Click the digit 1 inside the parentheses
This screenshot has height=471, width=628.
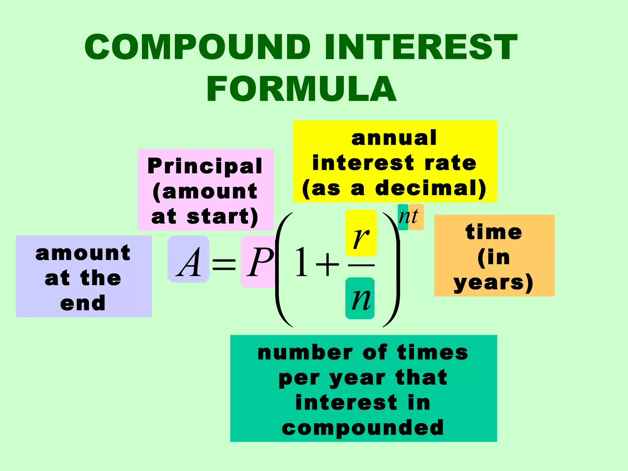tap(301, 262)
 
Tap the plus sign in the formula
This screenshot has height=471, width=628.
tap(327, 264)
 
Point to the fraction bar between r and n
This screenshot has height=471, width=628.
tap(361, 265)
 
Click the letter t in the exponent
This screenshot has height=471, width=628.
tap(415, 216)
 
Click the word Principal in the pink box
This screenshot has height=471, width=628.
tap(205, 166)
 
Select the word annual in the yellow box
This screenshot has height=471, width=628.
tap(394, 138)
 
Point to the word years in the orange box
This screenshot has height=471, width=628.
tap(489, 282)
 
